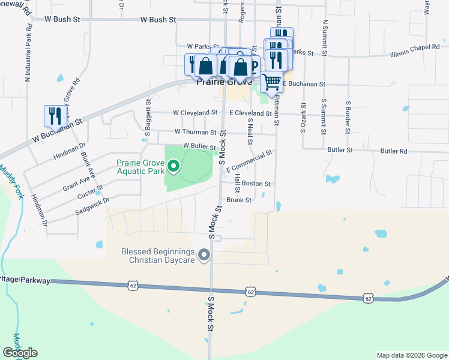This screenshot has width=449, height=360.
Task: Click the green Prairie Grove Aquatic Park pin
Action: pyautogui.click(x=173, y=166)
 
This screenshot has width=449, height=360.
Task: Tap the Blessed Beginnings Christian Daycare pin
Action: pyautogui.click(x=204, y=256)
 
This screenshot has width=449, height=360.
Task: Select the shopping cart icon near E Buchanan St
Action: pyautogui.click(x=271, y=82)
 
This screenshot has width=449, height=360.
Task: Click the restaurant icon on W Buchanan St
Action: pyautogui.click(x=53, y=116)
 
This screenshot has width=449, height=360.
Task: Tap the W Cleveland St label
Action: pyautogui.click(x=195, y=112)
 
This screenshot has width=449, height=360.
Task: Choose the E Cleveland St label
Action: pyautogui.click(x=250, y=113)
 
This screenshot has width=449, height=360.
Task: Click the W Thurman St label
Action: pyautogui.click(x=195, y=132)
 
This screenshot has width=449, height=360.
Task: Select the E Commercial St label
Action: pyautogui.click(x=249, y=161)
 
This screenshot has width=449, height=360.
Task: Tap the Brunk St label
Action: pyautogui.click(x=238, y=200)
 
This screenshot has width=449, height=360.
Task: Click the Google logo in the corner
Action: pyautogui.click(x=20, y=353)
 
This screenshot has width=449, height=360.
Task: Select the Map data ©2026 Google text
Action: pyautogui.click(x=411, y=355)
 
